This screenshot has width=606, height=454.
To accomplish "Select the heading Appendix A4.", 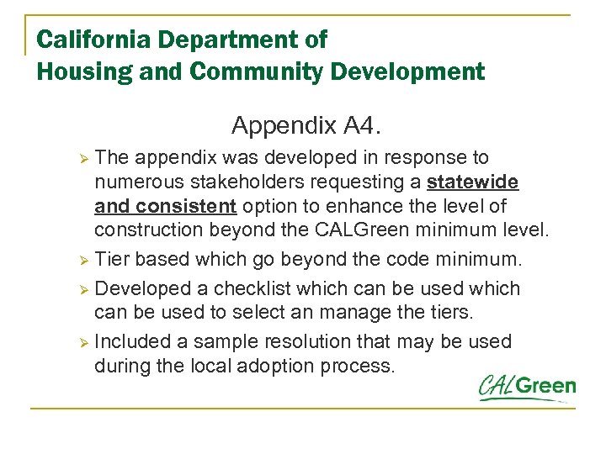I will click(x=306, y=126).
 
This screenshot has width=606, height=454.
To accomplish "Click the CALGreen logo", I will click(x=528, y=388).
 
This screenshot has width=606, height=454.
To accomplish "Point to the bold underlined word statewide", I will click(x=473, y=182).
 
